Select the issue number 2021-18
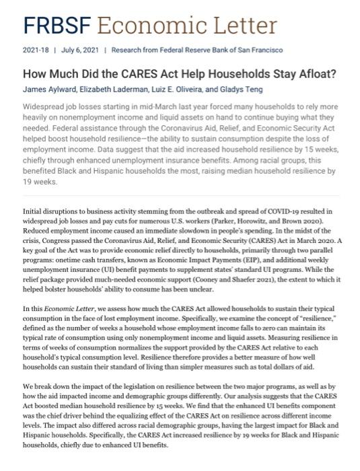click(x=36, y=50)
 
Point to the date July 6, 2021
click(x=80, y=50)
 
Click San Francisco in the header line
click(x=260, y=50)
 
